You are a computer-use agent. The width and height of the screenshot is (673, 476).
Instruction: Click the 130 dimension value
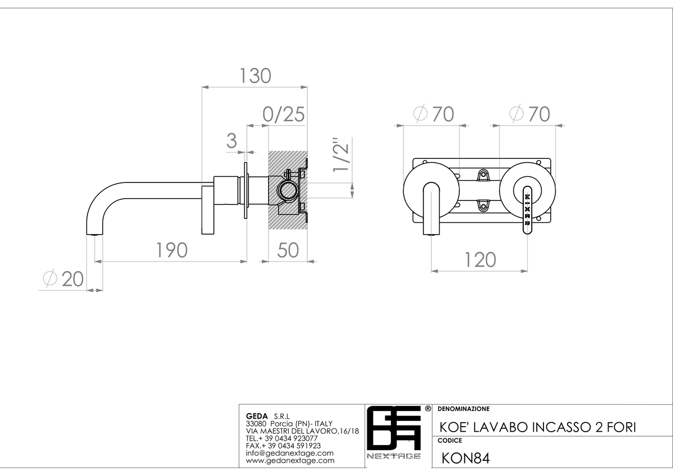pos(255,76)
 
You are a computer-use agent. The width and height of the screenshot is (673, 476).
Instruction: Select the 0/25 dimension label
pos(284,115)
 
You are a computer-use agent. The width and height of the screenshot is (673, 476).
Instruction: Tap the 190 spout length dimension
pos(172,250)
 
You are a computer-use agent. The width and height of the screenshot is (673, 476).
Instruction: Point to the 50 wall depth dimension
pos(288,250)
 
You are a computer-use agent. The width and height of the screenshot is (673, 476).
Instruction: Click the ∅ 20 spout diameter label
pos(63,279)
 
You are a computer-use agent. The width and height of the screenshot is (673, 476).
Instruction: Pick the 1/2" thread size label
pos(341,155)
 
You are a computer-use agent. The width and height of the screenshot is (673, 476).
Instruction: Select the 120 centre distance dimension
pos(480,260)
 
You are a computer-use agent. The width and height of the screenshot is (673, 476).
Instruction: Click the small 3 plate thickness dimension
pos(231,140)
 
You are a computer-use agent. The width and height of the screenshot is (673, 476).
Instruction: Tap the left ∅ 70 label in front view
pos(434,114)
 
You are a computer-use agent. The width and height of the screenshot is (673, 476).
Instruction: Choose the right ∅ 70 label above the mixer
pos(529,114)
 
